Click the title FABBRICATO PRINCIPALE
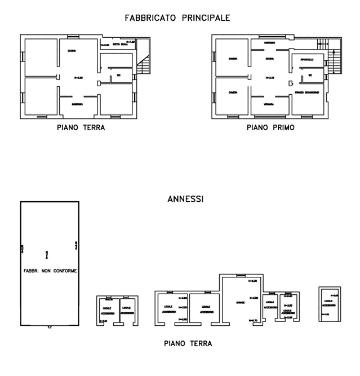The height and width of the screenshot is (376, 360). (177, 18)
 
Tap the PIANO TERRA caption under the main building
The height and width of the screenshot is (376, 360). (81, 127)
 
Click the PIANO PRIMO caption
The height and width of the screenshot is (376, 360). (270, 127)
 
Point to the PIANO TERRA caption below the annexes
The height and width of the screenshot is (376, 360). (188, 342)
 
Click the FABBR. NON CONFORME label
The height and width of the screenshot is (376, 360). (50, 271)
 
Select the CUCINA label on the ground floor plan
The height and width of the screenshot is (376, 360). (72, 51)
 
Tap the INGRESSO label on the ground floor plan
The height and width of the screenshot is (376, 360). (78, 105)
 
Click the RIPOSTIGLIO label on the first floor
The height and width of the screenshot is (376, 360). (307, 57)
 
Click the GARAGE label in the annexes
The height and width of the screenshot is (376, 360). (240, 302)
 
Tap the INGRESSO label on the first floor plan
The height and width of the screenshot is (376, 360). (270, 42)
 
